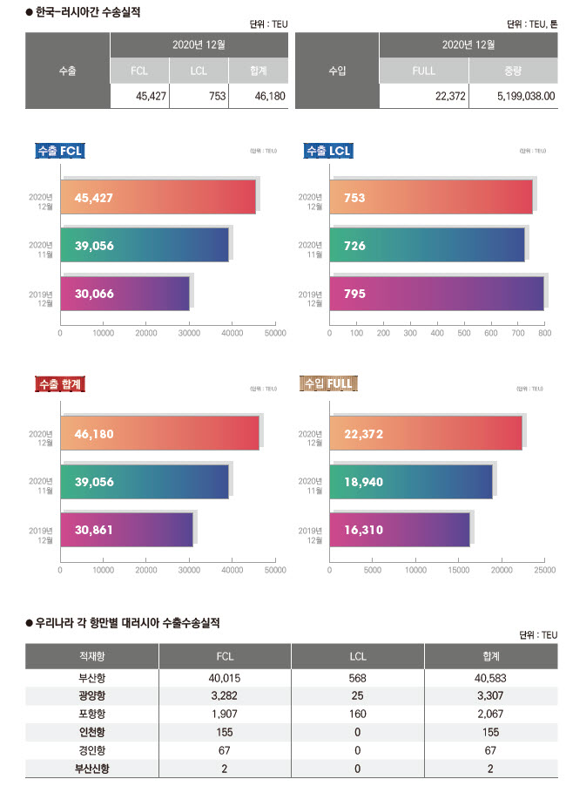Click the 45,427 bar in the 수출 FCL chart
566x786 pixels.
pos(158,197)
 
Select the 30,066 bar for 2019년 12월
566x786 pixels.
pos(125,294)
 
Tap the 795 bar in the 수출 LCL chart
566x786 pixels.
pos(436,294)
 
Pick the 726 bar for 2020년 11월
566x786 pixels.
pos(427,245)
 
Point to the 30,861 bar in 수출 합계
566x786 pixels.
pos(126,529)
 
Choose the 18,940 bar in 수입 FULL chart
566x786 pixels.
pos(410,481)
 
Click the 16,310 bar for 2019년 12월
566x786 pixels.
pos(399,529)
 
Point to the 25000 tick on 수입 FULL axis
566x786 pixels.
pos(544,570)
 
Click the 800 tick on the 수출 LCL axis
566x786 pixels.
pos(544,333)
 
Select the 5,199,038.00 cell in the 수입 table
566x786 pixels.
pos(514,97)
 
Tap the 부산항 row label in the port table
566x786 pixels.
pos(91,677)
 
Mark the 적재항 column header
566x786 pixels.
pos(91,656)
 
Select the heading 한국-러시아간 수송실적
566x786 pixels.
pos(88,13)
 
